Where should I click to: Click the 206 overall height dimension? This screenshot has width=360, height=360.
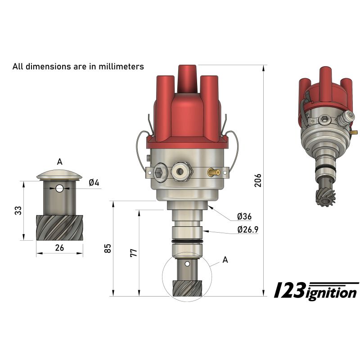point(257,180)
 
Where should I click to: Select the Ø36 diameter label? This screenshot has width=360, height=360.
point(244,217)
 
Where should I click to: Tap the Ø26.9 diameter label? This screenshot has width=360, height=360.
point(247,230)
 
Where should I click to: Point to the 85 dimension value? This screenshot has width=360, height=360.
point(108,248)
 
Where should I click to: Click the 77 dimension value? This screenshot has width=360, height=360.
point(133,252)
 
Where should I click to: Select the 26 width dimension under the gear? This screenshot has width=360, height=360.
point(59,247)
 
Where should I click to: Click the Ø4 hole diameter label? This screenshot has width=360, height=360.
point(94,183)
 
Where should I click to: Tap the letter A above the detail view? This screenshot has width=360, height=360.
point(59,162)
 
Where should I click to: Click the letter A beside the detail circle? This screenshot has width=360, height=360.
point(225,260)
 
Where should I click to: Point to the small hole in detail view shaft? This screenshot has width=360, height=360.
point(59,189)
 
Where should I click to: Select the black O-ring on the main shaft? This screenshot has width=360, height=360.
point(187,243)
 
